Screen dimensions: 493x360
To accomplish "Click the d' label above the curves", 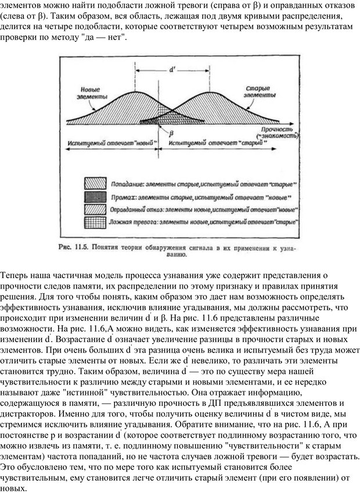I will pos(172,69).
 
